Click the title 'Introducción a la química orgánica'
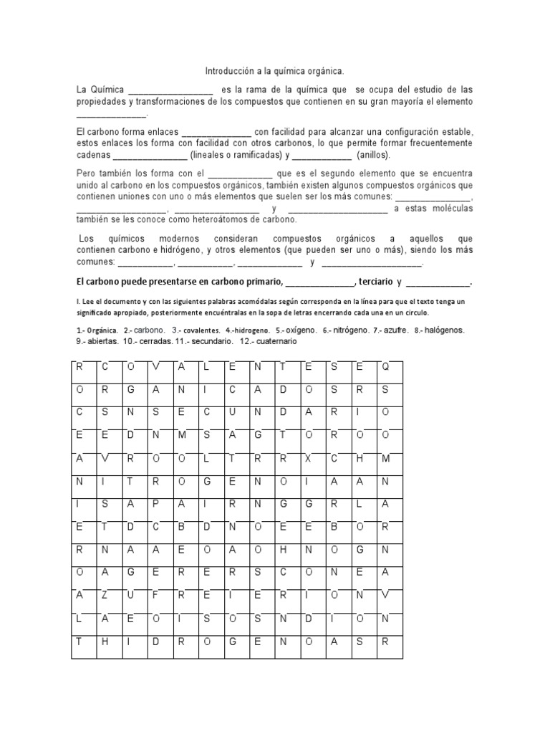274,72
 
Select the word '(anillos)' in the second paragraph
372,155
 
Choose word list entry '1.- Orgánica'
97,330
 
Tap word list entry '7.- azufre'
390,330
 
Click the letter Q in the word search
385,367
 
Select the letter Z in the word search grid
105,596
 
